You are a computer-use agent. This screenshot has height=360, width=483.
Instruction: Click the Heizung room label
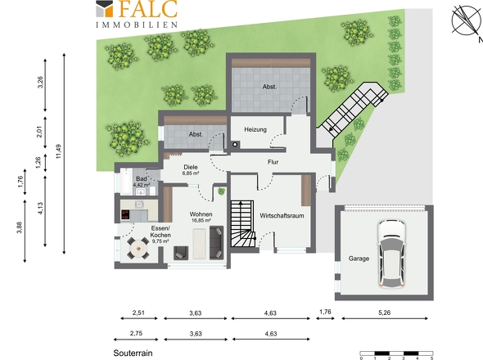click(x=255, y=129)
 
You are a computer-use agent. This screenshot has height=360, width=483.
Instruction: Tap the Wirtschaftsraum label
click(x=282, y=215)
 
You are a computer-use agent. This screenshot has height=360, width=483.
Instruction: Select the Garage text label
click(x=359, y=259)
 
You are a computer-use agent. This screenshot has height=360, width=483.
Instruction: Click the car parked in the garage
click(x=391, y=254)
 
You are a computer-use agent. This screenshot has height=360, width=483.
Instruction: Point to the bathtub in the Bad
click(x=126, y=182)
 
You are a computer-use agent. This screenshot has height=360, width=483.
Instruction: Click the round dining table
click(x=138, y=248)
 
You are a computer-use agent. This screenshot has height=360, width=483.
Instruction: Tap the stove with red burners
click(x=125, y=214)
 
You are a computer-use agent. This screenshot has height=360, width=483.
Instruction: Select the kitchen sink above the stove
click(x=139, y=205)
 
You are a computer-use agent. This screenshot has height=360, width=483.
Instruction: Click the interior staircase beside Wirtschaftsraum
click(x=243, y=223)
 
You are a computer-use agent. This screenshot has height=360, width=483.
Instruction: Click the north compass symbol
click(x=466, y=20)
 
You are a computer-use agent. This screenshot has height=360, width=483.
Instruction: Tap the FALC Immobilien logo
click(x=137, y=14)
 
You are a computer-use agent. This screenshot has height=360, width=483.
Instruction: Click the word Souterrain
click(x=133, y=353)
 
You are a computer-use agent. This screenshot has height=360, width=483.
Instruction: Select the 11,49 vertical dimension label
click(x=58, y=151)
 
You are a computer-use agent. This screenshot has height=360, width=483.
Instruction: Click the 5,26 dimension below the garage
click(x=385, y=313)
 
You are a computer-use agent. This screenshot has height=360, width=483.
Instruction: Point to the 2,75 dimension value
click(x=136, y=333)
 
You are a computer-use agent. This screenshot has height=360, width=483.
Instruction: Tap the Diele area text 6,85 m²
click(x=191, y=173)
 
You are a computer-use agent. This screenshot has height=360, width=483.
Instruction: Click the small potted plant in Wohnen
click(x=221, y=191)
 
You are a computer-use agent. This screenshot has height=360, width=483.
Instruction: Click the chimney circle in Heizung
click(x=235, y=144)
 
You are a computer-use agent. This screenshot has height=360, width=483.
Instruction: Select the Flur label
click(x=273, y=162)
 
